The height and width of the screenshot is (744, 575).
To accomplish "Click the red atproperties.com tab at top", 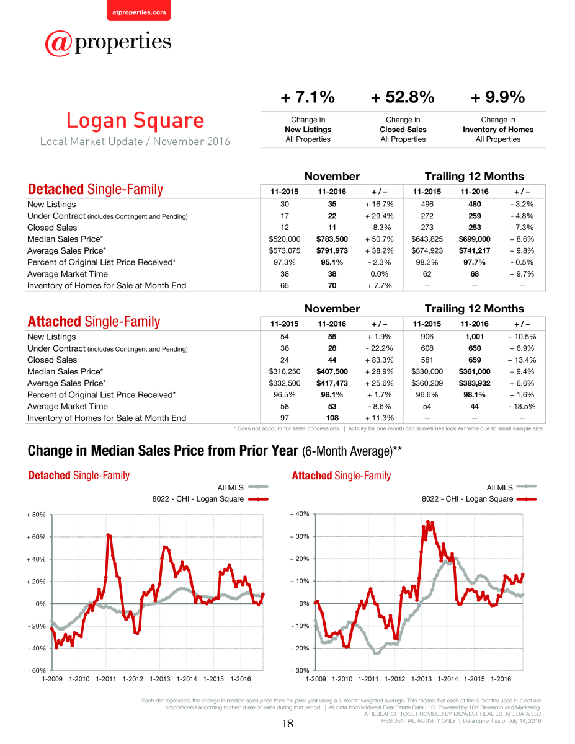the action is [139, 11].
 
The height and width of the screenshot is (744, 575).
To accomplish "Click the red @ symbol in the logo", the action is [58, 43].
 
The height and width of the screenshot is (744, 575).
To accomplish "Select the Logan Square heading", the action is [135, 120].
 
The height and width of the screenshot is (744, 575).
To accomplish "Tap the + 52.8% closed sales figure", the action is [403, 97].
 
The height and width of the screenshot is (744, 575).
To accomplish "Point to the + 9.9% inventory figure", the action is [497, 97].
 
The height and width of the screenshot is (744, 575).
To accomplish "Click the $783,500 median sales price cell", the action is [332, 239].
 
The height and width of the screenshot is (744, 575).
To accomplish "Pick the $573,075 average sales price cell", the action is [284, 250].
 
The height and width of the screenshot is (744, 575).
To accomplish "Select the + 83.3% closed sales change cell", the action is [379, 360].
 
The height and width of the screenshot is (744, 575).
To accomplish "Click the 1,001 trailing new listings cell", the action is [475, 337].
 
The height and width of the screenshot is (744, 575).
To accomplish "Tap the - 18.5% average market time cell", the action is [522, 406].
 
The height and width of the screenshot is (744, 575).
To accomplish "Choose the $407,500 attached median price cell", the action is [332, 371].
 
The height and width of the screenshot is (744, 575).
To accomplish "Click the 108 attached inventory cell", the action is [332, 418].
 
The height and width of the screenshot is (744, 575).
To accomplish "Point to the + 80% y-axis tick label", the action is [36, 515].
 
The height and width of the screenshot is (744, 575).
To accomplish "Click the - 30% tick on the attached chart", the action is [300, 670].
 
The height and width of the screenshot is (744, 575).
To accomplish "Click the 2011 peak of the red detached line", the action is [108, 535].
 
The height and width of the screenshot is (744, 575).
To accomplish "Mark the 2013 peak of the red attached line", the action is [428, 522].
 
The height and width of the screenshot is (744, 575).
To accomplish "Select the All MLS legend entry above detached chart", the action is [243, 487].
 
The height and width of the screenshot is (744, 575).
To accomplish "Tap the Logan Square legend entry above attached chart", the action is [479, 499].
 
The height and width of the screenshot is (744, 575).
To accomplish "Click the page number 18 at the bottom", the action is [288, 724].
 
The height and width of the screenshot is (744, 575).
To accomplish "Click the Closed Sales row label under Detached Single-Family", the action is [52, 228].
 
